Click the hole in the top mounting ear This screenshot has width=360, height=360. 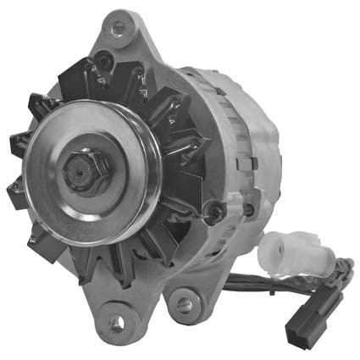[x=118, y=28]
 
